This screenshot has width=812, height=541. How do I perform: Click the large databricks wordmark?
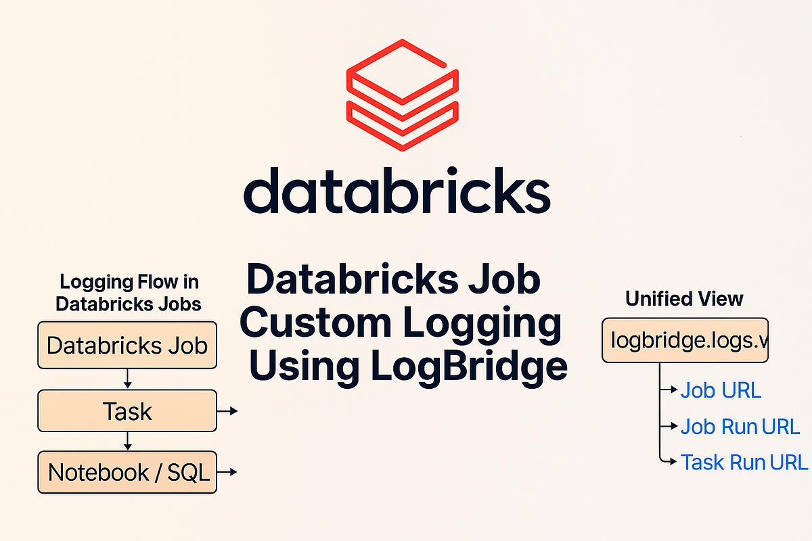point(397,191)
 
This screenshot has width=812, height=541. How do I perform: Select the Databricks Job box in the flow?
point(127,345)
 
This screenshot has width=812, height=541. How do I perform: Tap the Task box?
point(127,411)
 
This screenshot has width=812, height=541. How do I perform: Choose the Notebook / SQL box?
point(127,472)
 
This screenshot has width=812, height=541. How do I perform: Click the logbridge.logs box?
point(685,340)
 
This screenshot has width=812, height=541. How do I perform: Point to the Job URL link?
point(721,390)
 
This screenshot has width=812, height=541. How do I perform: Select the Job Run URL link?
point(740,427)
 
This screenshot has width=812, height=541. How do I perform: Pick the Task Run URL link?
point(744,463)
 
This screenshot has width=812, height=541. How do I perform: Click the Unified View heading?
point(684,299)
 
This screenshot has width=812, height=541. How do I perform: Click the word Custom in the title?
point(315,322)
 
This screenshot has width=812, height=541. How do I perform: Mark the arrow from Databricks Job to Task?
point(127,379)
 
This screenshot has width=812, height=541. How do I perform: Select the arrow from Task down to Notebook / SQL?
point(127,441)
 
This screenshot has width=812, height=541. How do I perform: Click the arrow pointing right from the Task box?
point(227,411)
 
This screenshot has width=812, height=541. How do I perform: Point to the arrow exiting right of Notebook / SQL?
point(227,472)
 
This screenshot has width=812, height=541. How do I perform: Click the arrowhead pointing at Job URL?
point(674,390)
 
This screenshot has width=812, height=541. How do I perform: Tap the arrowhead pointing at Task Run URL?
point(673,462)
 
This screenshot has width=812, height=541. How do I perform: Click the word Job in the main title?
point(504,280)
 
